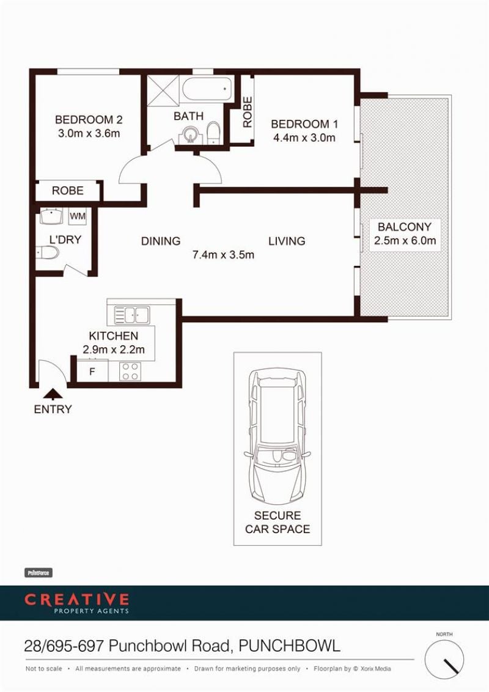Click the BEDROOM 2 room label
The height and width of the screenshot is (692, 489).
tap(89, 120)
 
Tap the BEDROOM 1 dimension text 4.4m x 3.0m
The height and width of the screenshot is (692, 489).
tap(304, 138)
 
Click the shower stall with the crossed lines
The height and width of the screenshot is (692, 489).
tap(163, 90)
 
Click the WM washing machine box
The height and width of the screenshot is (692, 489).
tap(78, 216)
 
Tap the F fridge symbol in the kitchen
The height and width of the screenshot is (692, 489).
tap(92, 371)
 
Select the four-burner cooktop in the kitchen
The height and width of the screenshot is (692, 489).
tap(131, 371)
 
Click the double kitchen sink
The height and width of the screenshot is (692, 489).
tap(131, 315)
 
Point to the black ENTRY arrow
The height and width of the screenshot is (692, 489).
tap(53, 393)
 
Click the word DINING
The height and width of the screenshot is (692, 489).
tap(161, 241)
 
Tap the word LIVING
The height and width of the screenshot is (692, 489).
tap(287, 241)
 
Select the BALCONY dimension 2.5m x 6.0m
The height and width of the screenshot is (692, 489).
tap(405, 241)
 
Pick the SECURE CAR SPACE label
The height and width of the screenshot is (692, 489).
tap(278, 522)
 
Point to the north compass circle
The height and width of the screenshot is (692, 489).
tap(444, 660)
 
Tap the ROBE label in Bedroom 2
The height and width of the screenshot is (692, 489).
tap(67, 191)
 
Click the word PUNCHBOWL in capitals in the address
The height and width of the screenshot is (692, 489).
tap(290, 646)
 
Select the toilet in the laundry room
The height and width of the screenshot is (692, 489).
tap(48, 252)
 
